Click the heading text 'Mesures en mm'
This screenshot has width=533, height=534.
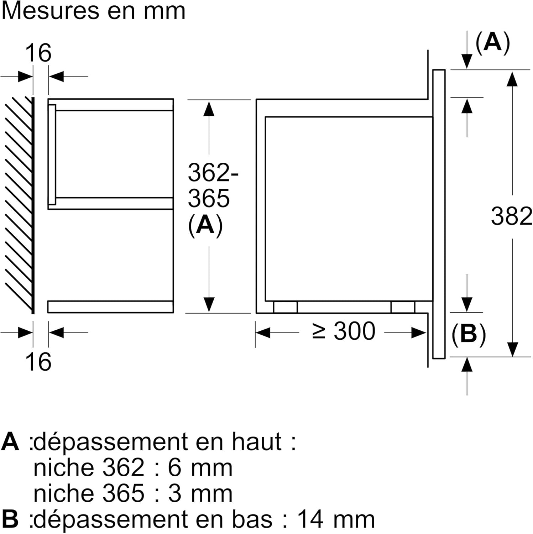tap(93, 11)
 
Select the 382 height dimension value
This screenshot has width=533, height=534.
tap(511, 216)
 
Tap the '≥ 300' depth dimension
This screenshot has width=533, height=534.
tap(344, 331)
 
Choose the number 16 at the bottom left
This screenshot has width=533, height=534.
tap(38, 362)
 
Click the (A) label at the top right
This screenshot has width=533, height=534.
tap(493, 43)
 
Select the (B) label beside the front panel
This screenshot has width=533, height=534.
tap(469, 334)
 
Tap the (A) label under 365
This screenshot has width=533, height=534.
tap(205, 225)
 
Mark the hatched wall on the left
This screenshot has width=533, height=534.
tap(19, 205)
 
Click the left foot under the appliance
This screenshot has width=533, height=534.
tap(285, 307)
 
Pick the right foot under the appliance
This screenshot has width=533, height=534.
tap(403, 307)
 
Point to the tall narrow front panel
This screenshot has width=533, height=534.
tap(439, 214)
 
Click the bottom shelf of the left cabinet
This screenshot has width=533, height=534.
tap(110, 307)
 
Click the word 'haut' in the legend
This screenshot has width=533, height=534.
tap(257, 442)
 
